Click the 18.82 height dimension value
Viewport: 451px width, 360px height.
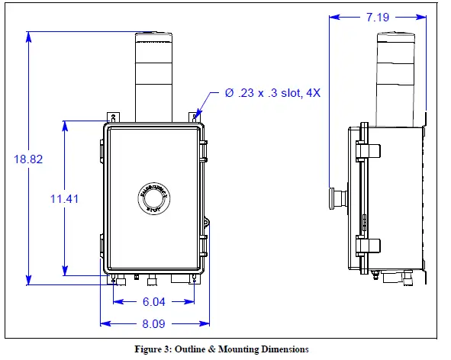[27, 159]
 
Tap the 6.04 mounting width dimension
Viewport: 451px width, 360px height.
[153, 301]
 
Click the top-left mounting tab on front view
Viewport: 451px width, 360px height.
[113, 117]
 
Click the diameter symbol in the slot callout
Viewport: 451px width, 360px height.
[229, 93]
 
